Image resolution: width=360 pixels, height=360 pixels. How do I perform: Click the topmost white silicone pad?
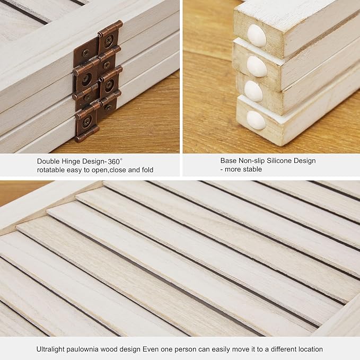(x=257, y=36)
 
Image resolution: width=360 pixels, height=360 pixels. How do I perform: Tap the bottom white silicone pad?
(x=256, y=120)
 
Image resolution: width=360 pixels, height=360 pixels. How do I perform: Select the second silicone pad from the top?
(x=257, y=66)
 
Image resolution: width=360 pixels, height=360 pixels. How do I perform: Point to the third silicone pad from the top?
(x=253, y=91)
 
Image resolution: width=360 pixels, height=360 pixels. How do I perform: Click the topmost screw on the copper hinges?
(x=108, y=41)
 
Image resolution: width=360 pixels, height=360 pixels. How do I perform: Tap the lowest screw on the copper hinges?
(x=87, y=120)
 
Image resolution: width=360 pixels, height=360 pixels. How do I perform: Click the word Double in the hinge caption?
(x=48, y=161)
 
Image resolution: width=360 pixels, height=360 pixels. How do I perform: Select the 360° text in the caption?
(x=115, y=161)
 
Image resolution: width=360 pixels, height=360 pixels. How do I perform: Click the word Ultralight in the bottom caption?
(x=50, y=349)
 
